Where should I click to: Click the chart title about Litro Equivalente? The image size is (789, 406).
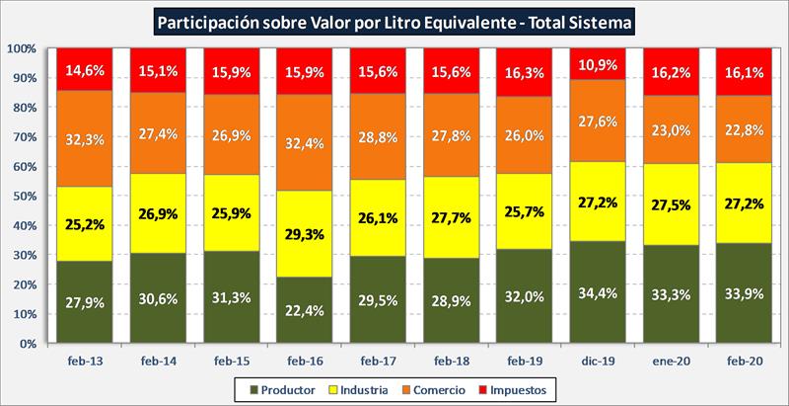pyautogui.click(x=394, y=19)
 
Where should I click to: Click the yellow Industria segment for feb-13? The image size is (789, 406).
pyautogui.click(x=83, y=224)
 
